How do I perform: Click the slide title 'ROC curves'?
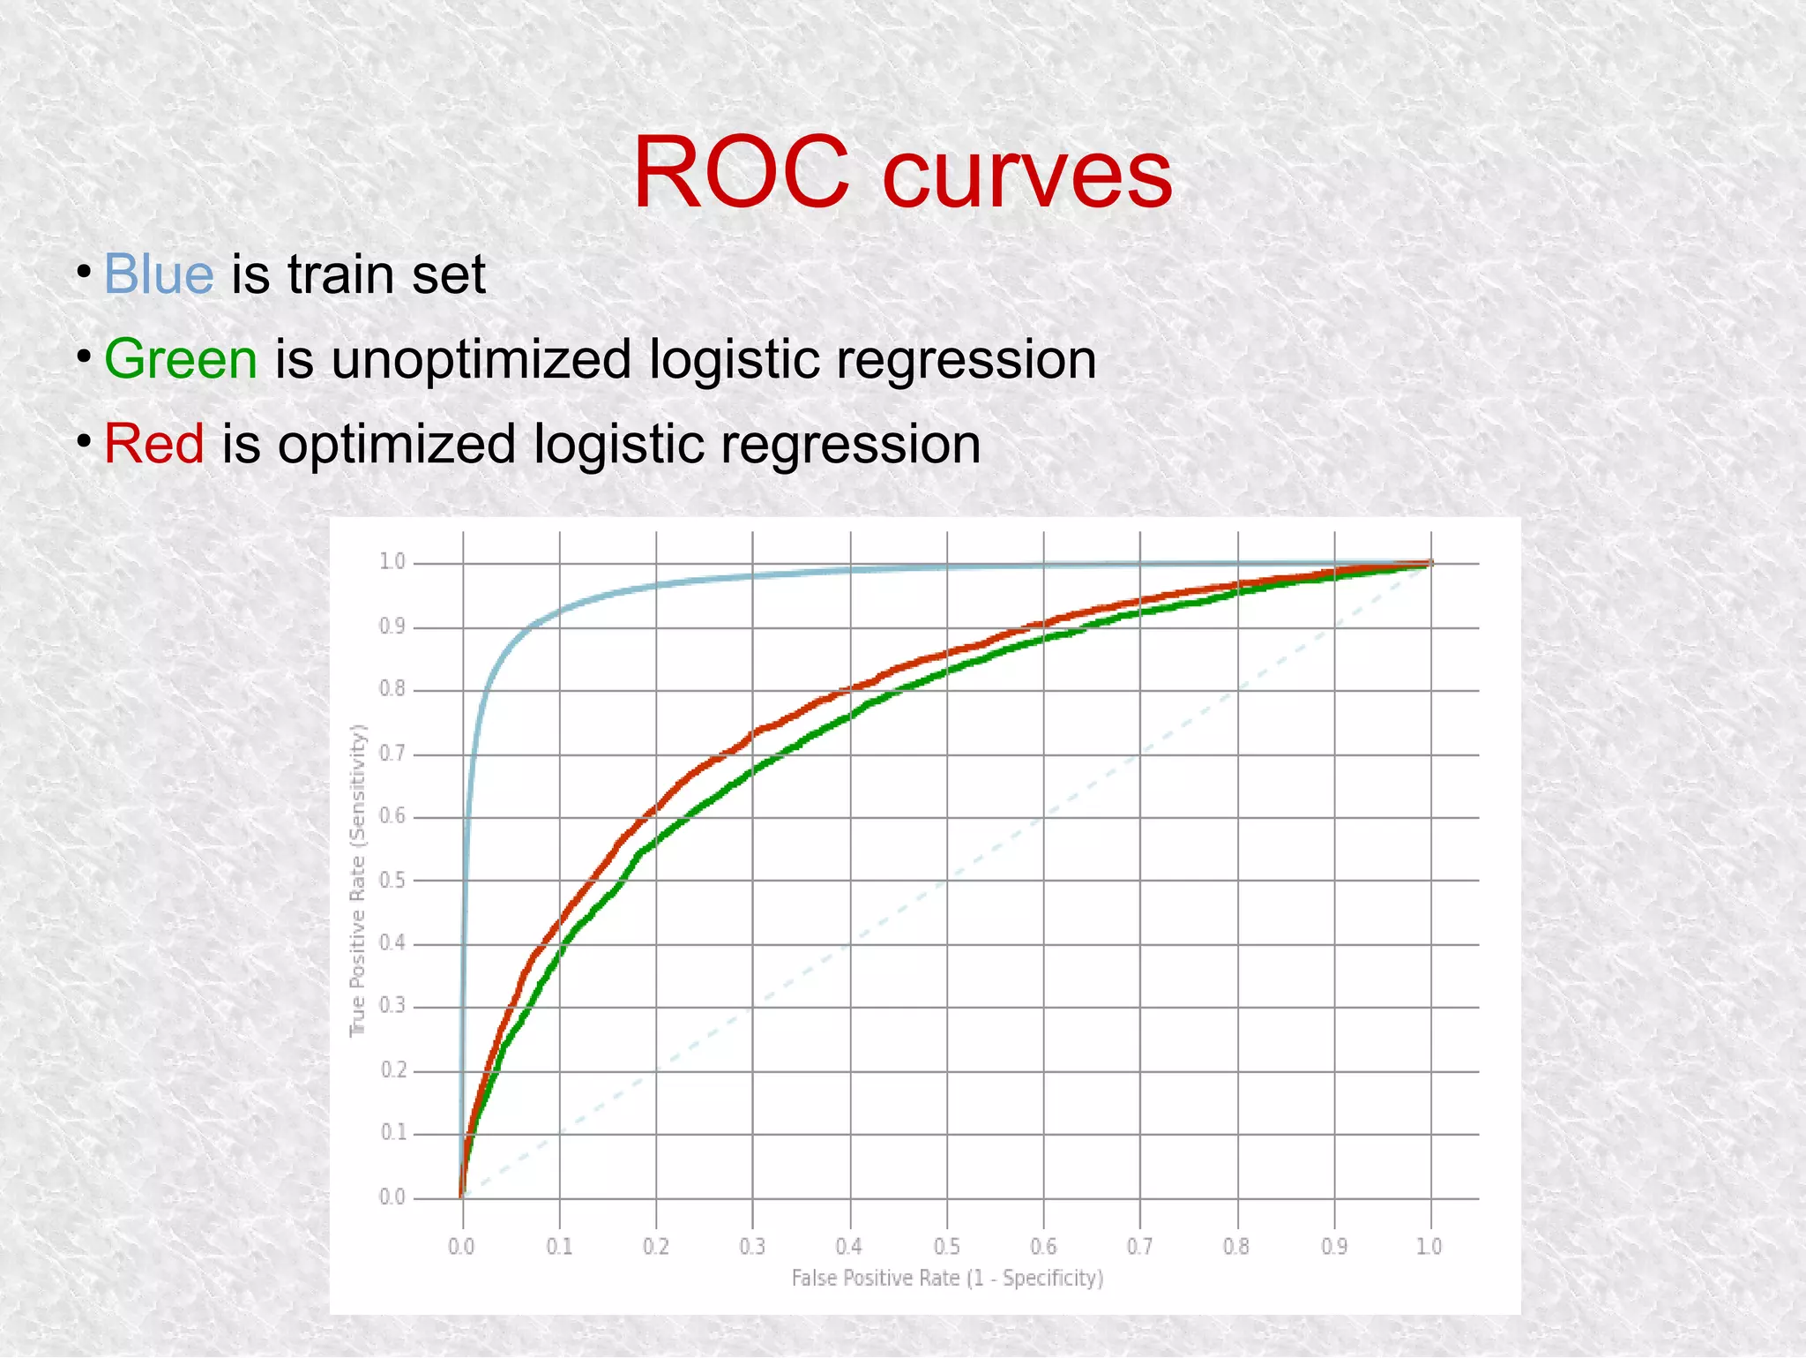click(902, 173)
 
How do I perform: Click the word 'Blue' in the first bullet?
click(159, 274)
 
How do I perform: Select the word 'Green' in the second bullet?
click(181, 359)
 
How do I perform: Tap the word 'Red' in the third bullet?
click(154, 443)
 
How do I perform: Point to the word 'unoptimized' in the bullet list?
click(481, 360)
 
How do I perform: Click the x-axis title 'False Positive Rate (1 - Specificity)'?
click(947, 1278)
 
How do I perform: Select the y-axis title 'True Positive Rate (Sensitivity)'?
click(357, 881)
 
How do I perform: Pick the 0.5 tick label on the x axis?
click(946, 1247)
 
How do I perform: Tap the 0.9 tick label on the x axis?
click(1334, 1247)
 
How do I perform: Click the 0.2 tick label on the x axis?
click(656, 1247)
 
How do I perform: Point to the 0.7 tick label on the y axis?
click(392, 754)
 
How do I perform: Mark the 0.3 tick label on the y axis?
click(392, 1006)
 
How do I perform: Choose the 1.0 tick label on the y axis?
click(392, 562)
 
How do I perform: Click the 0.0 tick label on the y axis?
click(392, 1197)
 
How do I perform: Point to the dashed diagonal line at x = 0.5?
click(947, 881)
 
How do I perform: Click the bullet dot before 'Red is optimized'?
click(83, 440)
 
